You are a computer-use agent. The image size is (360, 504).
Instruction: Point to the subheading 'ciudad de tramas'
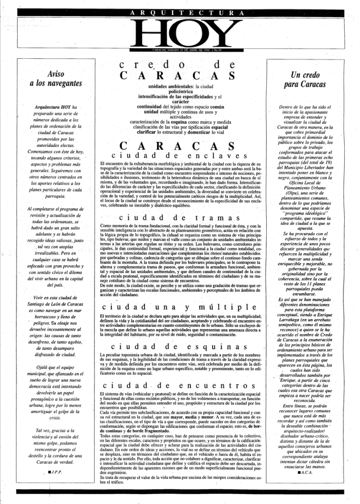(176, 218)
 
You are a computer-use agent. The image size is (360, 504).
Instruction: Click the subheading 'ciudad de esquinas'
(176, 348)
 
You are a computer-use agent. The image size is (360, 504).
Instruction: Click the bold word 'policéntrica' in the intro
(176, 91)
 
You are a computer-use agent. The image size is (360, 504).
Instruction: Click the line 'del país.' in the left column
(55, 285)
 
